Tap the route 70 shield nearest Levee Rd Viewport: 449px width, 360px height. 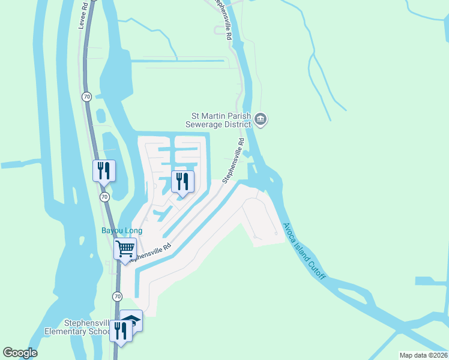[x=86, y=96]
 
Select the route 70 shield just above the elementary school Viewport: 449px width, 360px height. [x=117, y=296]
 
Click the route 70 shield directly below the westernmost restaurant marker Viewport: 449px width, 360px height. [x=104, y=196]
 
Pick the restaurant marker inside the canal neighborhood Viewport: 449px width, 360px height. [x=183, y=182]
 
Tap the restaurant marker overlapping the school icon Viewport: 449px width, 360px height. [x=120, y=332]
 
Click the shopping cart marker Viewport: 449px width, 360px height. [x=125, y=248]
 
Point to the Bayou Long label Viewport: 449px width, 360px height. [x=121, y=230]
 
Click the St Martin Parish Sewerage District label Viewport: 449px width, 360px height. [x=220, y=120]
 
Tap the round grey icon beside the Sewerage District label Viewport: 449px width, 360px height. [x=261, y=119]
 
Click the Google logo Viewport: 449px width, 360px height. [x=20, y=353]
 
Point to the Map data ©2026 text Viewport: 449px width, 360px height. [x=423, y=355]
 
